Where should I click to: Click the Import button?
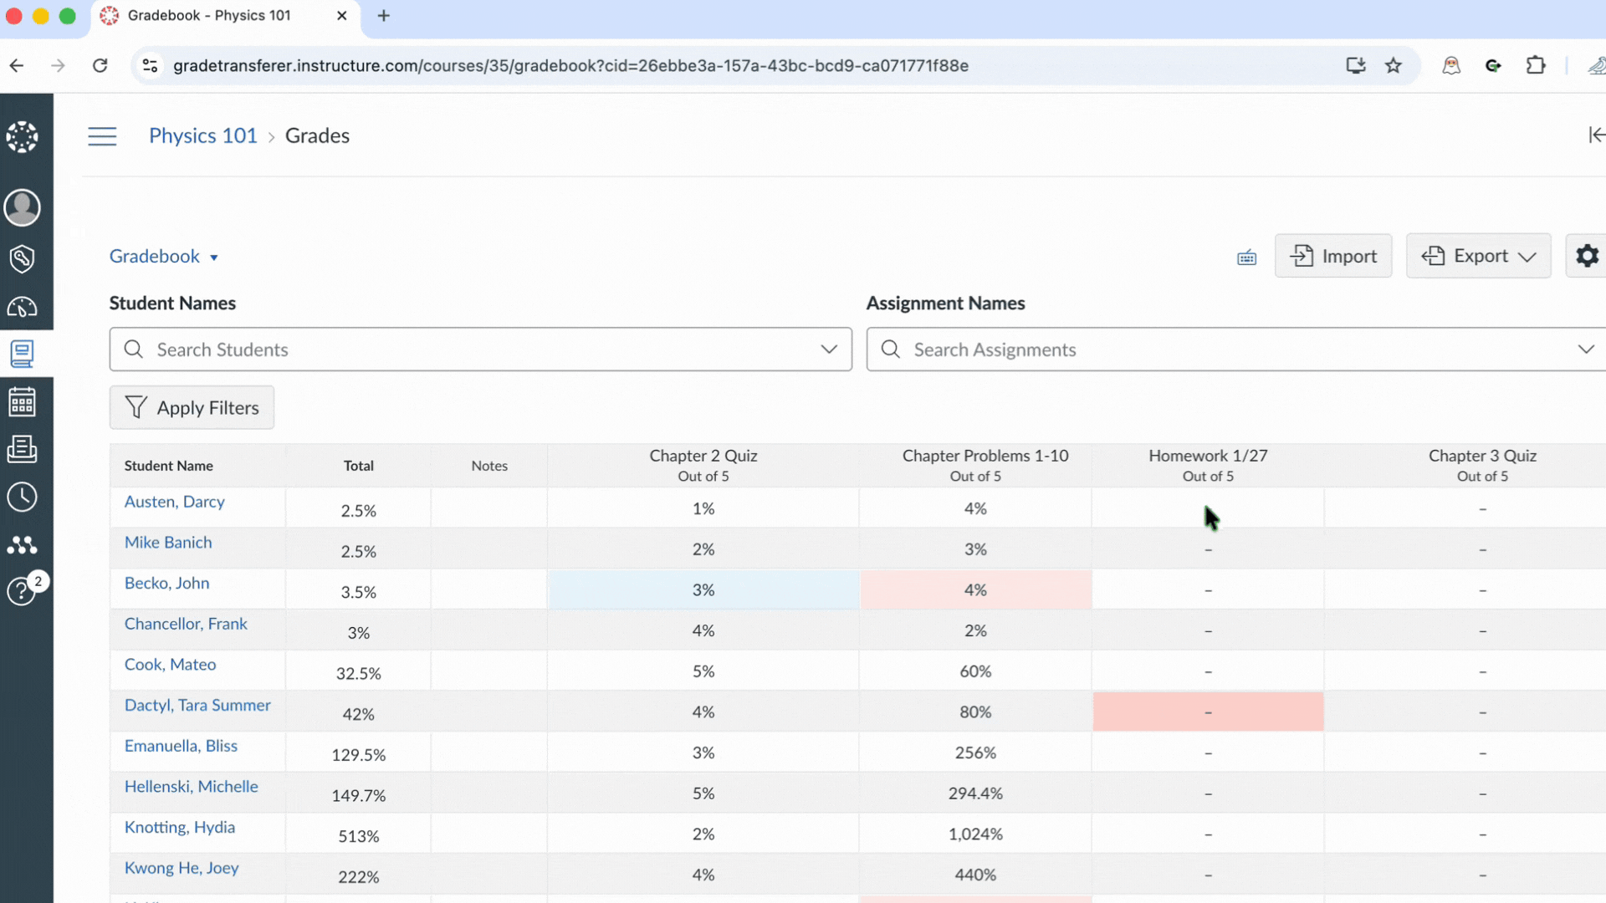1332,256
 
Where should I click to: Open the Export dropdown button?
1478,256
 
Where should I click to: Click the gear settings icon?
1587,256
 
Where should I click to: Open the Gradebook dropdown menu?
164,257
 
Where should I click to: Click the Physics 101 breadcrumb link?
203,135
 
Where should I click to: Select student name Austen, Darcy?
174,502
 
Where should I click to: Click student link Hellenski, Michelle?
191,786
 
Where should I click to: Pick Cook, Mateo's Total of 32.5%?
358,673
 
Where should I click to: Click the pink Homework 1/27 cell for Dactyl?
1208,712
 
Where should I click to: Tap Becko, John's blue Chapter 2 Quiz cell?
703,590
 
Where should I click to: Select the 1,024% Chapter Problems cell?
974,834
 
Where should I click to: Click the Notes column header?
489,466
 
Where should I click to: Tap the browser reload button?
100,65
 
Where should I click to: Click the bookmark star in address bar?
1393,65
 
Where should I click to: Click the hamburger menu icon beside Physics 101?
102,136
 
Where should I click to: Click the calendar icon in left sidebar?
22,402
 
